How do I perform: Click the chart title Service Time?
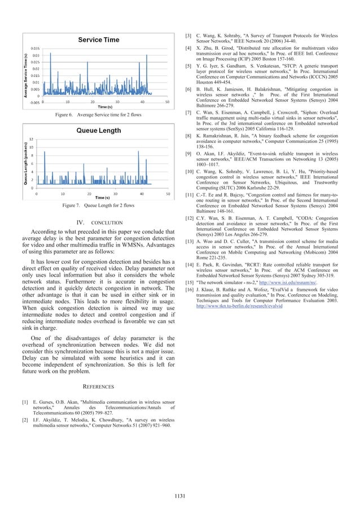[x=98, y=40]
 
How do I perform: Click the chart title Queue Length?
[x=98, y=130]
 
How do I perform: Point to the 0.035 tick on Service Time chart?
[x=35, y=49]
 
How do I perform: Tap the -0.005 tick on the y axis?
[x=34, y=102]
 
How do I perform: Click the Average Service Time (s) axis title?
[x=26, y=75]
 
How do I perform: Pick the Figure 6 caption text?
[x=98, y=115]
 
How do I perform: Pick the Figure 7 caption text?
[x=98, y=206]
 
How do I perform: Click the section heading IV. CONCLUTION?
[x=99, y=223]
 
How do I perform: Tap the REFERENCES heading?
[x=98, y=386]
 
